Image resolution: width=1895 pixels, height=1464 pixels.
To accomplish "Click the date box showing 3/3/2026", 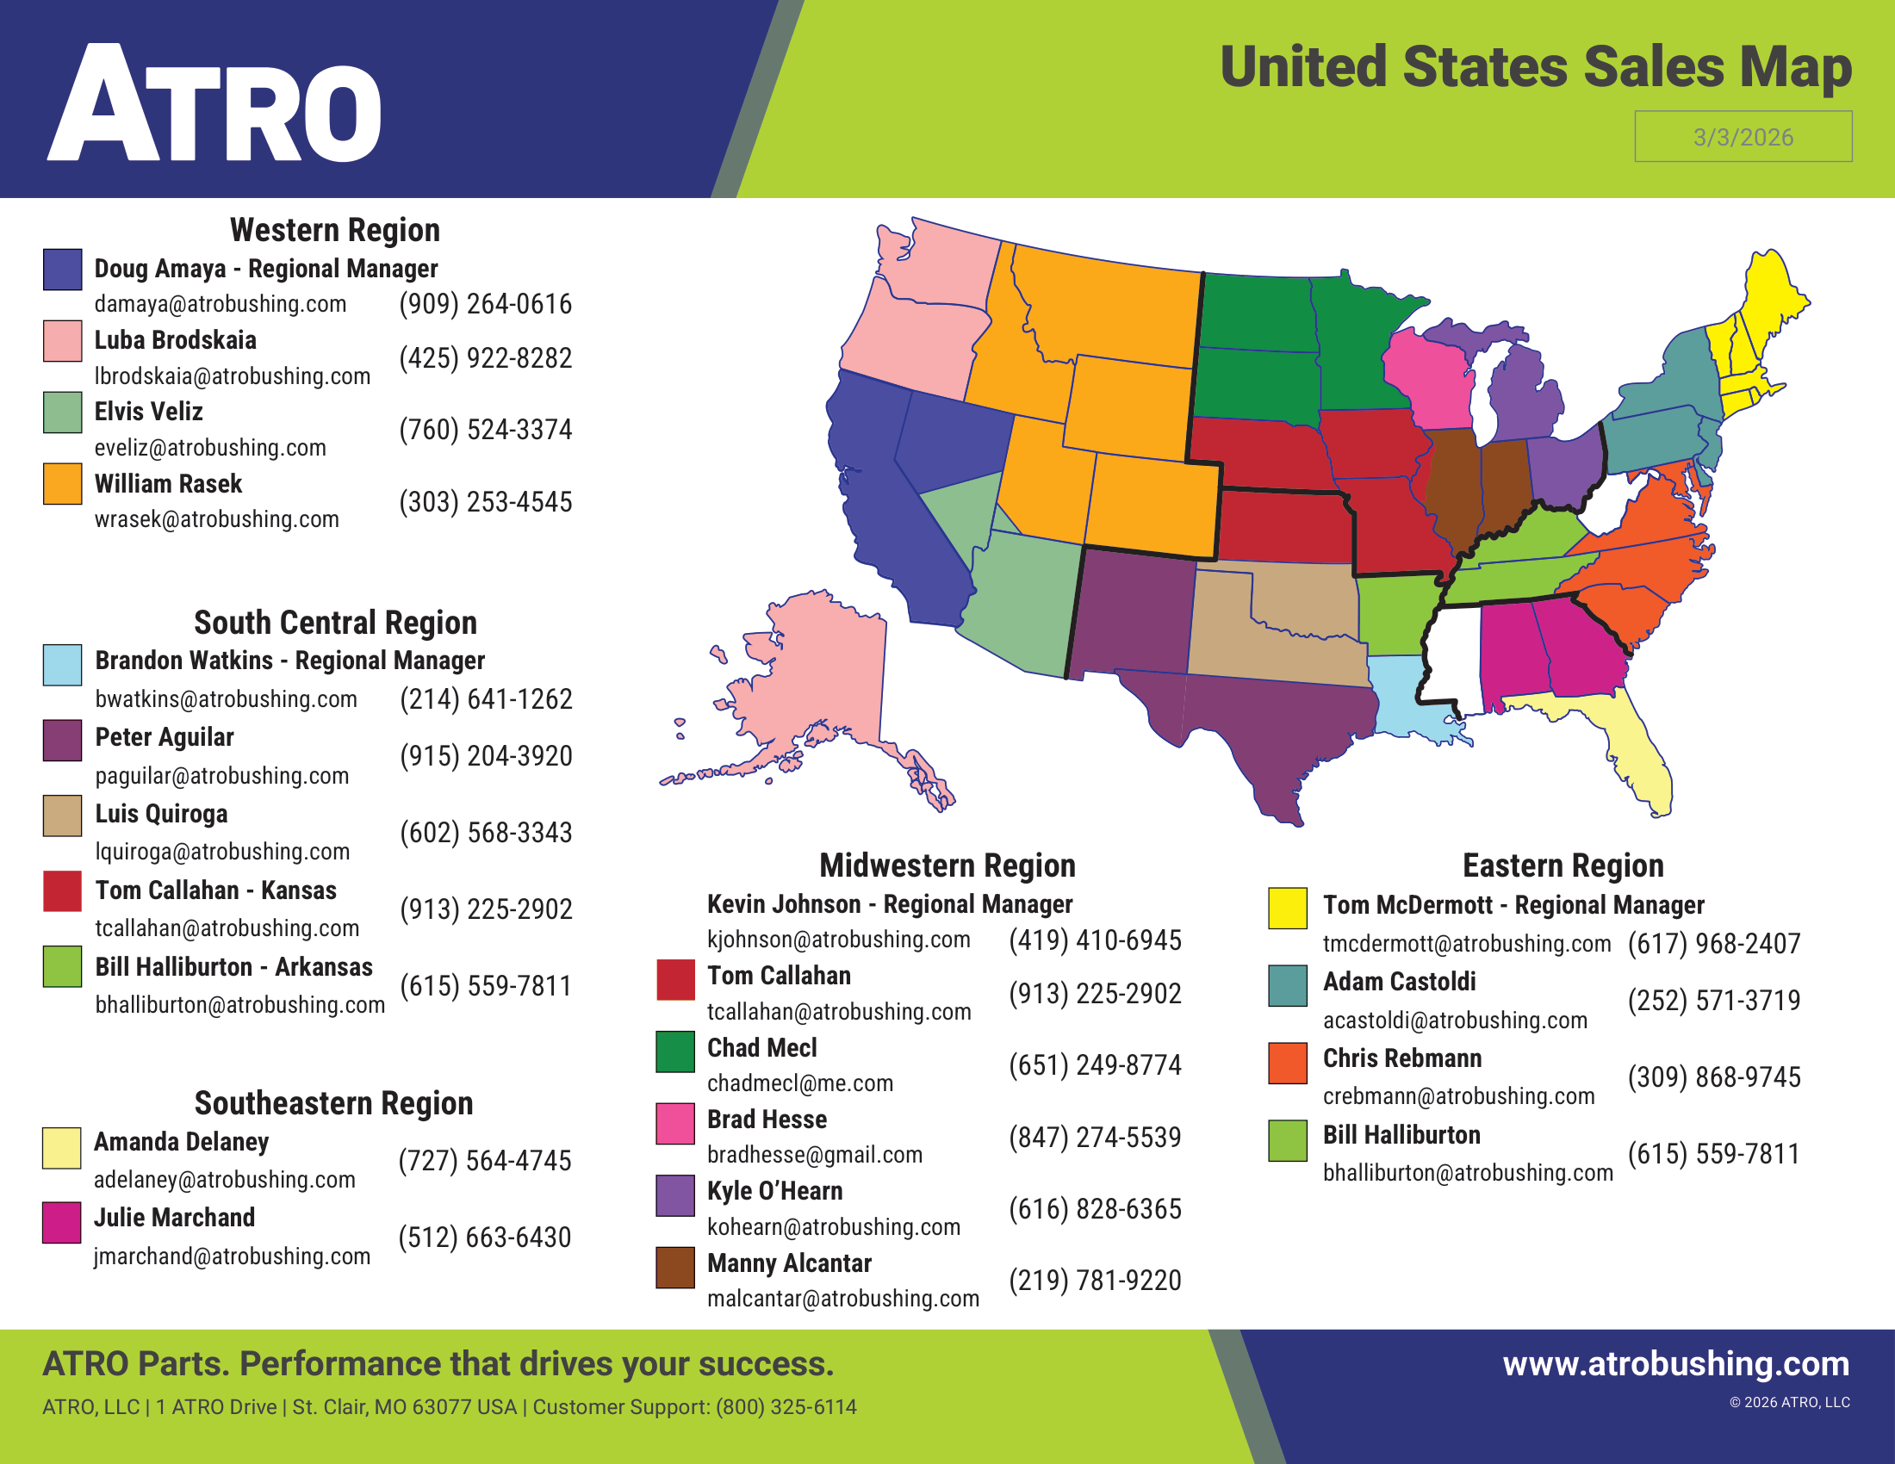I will click(x=1743, y=136).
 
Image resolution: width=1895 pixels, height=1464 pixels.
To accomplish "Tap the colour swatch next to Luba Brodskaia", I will click(x=63, y=341).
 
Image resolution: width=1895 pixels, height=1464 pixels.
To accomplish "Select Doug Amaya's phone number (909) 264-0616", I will click(x=485, y=304).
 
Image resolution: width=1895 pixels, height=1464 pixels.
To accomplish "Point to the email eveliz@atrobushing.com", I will click(x=210, y=448).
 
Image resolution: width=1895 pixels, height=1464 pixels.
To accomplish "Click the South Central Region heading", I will click(x=335, y=623).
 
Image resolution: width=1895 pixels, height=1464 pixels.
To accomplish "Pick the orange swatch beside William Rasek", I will click(x=63, y=484).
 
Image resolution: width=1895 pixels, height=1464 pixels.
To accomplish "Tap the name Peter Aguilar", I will click(x=164, y=737).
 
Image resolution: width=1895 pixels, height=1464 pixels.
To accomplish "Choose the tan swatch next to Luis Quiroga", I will click(x=63, y=816).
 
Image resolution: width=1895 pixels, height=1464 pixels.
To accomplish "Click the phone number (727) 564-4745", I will click(x=484, y=1161).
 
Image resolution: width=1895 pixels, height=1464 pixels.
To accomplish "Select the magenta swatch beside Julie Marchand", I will click(x=62, y=1222).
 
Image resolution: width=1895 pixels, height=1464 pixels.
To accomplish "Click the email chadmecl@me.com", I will click(x=800, y=1083).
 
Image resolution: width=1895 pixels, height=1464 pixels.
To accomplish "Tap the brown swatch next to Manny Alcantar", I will click(x=675, y=1267).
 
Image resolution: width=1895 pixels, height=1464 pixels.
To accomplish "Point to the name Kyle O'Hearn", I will click(x=775, y=1191).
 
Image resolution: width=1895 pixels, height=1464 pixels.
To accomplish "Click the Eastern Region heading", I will click(x=1563, y=865).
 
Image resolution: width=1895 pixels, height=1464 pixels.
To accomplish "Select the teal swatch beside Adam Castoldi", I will click(x=1288, y=986).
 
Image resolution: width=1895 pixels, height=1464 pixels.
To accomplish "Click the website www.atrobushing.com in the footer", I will click(x=1675, y=1363).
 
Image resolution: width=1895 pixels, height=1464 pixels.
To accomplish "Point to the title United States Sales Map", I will click(x=1535, y=67).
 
